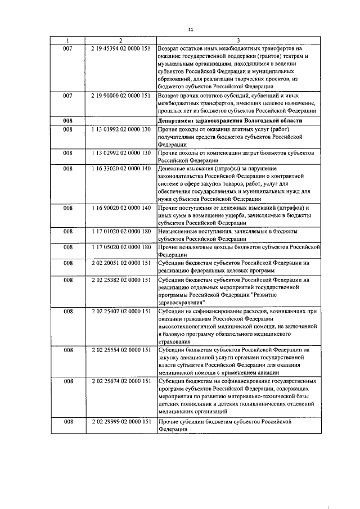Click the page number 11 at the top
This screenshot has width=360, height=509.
pyautogui.click(x=190, y=29)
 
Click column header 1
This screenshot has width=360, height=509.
pyautogui.click(x=67, y=41)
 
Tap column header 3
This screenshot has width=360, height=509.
pyautogui.click(x=238, y=41)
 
